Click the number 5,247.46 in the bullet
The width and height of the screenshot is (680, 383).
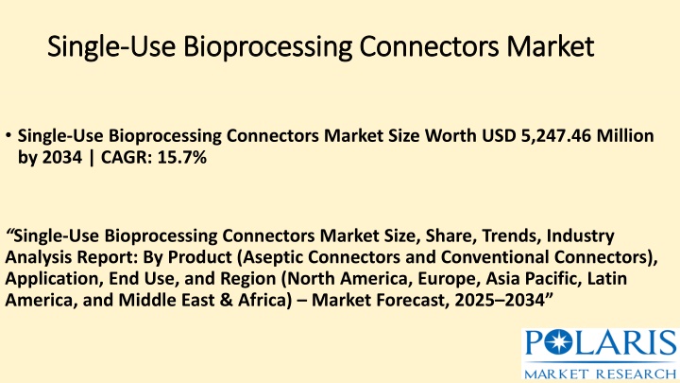555,136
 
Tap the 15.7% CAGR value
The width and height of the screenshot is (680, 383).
181,157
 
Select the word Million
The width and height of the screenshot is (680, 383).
625,136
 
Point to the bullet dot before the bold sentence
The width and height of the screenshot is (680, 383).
8,135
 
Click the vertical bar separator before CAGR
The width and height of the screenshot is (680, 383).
91,158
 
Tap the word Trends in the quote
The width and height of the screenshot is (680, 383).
511,235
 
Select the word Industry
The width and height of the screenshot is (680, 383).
580,236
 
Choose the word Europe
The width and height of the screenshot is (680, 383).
449,279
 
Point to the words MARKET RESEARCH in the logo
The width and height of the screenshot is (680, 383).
601,374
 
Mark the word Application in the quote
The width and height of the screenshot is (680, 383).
54,279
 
